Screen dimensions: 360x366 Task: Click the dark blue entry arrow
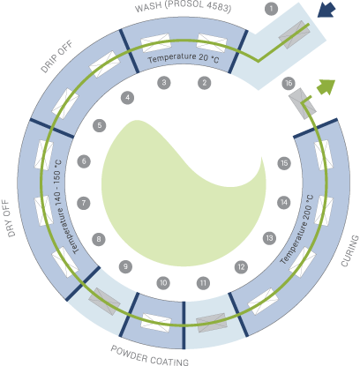click(326, 10)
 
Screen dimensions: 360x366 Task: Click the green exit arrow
click(326, 87)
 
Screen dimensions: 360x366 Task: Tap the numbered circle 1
click(271, 9)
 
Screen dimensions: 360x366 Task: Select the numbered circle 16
click(289, 84)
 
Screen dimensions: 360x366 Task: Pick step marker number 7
click(84, 203)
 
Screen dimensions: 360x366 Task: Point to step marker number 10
click(163, 283)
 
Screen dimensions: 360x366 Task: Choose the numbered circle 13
click(269, 238)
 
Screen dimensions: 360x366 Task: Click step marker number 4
click(128, 98)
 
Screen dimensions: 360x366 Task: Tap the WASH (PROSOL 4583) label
click(183, 7)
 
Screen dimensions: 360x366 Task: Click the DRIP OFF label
click(56, 56)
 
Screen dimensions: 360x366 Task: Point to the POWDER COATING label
click(150, 356)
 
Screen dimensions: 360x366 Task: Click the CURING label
click(350, 250)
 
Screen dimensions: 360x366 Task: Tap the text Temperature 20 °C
click(184, 58)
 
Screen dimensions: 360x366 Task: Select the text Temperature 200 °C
click(296, 229)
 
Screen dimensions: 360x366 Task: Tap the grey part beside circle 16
click(303, 103)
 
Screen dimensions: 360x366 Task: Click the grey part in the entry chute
click(294, 34)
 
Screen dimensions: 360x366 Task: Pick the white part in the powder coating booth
click(156, 323)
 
